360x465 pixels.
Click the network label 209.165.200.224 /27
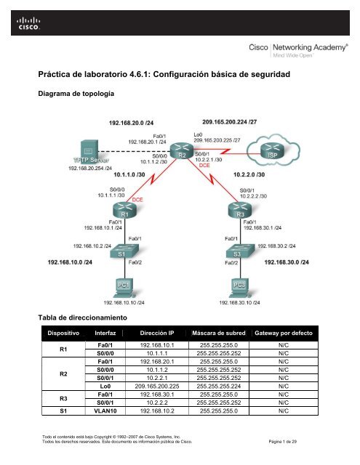[230, 123]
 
